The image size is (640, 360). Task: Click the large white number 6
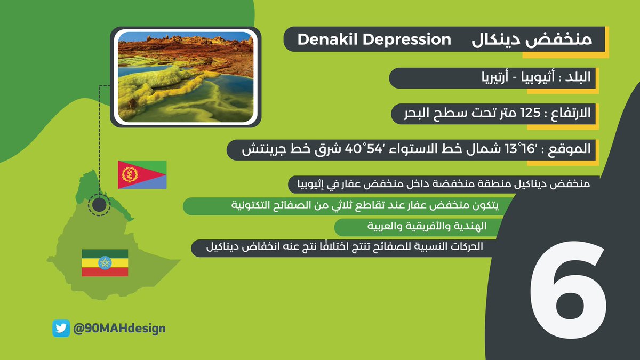click(569, 290)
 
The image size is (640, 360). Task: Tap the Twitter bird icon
click(61, 329)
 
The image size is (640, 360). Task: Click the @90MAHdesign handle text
click(119, 329)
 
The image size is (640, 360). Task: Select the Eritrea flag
click(142, 174)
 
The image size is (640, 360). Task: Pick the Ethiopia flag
click(105, 263)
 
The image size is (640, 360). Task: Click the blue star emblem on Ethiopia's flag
click(105, 263)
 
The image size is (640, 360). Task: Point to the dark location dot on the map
click(99, 205)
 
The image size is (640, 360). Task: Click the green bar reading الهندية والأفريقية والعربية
click(419, 227)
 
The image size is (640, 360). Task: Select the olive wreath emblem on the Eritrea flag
click(130, 174)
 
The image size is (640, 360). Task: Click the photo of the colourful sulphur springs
click(186, 77)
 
